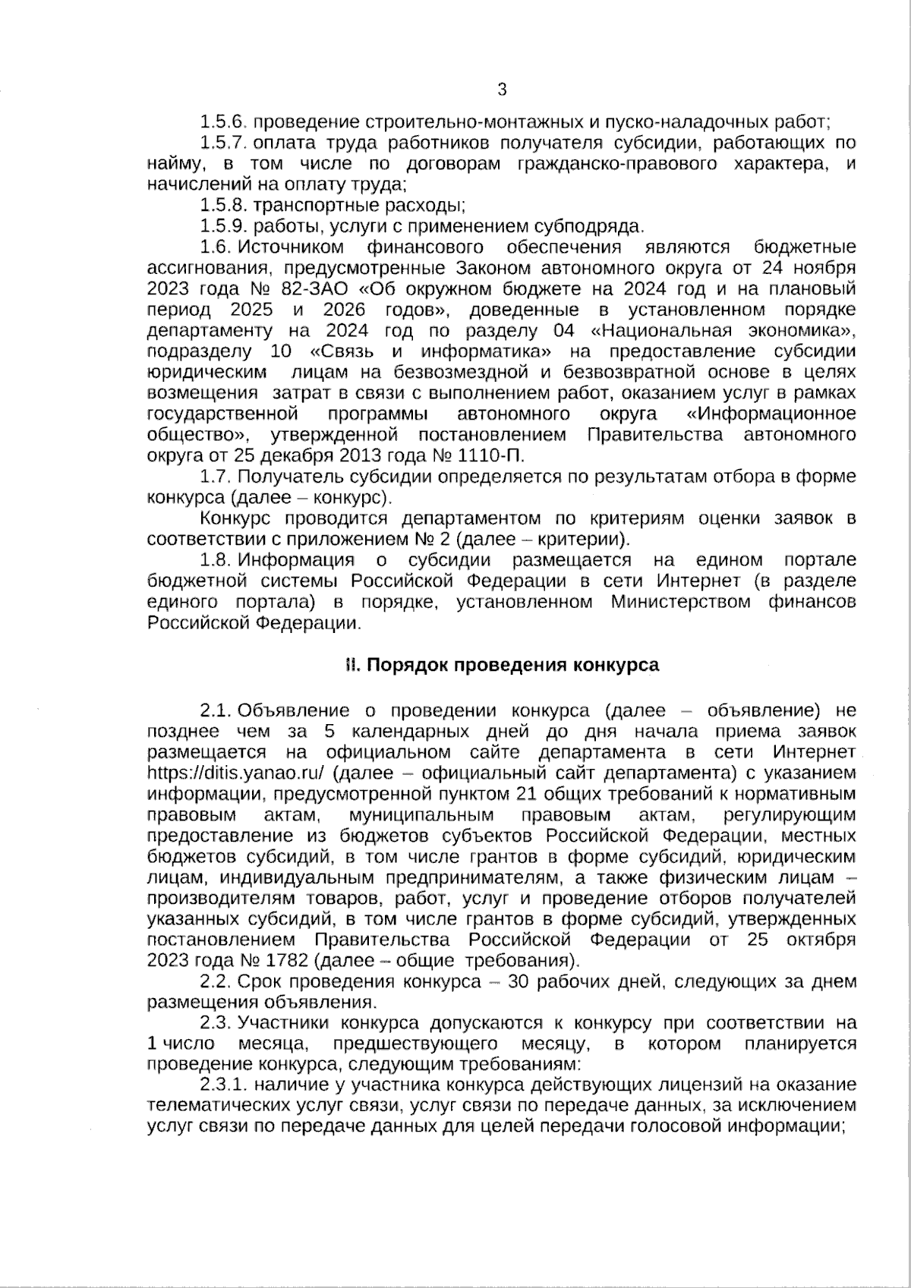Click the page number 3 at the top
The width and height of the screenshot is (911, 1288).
(x=501, y=90)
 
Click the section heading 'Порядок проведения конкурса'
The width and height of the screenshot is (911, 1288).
(x=513, y=666)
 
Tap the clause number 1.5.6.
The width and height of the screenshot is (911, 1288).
(x=223, y=121)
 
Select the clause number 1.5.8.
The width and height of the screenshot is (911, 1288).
(x=223, y=205)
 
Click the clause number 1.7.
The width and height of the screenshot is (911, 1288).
(x=216, y=477)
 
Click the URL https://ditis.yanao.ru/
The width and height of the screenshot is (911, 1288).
(x=236, y=773)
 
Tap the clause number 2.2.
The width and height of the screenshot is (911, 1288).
(x=216, y=981)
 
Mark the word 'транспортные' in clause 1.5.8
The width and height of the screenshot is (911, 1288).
(x=299, y=205)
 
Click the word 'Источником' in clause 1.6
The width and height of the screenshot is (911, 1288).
(x=292, y=247)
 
